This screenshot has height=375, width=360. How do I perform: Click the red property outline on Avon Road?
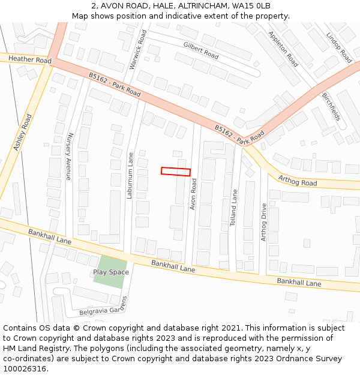pos(176,172)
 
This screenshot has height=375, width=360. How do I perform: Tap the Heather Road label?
pos(29,60)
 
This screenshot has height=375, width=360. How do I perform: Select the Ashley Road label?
pos(23,132)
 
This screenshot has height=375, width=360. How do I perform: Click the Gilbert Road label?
pos(201,50)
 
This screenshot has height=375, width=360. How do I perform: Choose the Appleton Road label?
pos(283,49)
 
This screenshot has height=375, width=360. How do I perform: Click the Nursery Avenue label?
pos(69,156)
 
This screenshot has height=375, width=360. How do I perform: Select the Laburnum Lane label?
pos(130,176)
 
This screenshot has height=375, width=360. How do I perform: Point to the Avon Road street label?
pos(193,194)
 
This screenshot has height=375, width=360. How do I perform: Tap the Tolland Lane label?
pos(234,208)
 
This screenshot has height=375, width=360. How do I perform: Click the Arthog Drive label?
pos(263,222)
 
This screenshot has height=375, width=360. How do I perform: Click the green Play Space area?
pos(111,272)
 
